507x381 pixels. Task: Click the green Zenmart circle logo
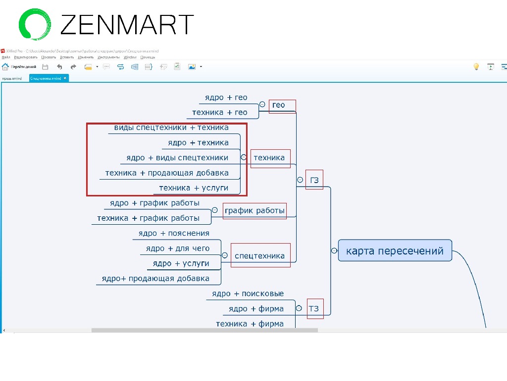35,23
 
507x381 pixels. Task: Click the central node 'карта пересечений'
395,251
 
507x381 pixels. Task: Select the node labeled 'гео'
279,105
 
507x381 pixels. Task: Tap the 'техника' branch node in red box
269,158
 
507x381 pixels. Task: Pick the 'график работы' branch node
254,210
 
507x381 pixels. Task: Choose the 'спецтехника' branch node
259,256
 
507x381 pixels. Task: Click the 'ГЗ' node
314,180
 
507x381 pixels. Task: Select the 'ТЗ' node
314,309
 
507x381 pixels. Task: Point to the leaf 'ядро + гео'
226,98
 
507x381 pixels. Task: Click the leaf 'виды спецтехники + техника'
171,127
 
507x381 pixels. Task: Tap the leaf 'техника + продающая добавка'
167,173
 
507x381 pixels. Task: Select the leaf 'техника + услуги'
194,188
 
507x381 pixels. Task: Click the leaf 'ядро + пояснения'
174,233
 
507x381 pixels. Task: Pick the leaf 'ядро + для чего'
178,249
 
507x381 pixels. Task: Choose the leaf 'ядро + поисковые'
248,294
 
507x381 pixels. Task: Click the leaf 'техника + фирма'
250,324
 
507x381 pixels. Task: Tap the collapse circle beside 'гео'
262,105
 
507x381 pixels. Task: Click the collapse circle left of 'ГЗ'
300,180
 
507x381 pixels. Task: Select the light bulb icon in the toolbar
476,66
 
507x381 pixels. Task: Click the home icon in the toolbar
5,66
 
